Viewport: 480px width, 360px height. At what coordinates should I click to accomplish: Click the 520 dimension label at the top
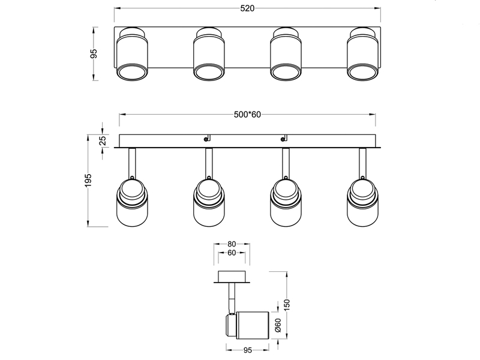(247, 8)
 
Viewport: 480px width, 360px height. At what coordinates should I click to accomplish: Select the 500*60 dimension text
(247, 115)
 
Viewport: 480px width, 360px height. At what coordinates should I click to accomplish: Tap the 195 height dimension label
(88, 181)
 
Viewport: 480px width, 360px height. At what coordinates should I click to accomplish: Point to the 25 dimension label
(103, 140)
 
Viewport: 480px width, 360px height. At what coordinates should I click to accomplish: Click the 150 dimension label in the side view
(287, 305)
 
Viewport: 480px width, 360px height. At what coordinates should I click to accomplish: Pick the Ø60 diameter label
(278, 325)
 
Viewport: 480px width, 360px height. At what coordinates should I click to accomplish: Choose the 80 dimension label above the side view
(232, 244)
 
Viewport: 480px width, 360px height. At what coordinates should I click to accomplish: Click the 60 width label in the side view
(232, 253)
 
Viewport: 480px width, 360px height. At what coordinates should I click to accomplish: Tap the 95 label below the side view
(248, 350)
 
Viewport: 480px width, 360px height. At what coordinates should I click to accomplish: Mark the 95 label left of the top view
(94, 53)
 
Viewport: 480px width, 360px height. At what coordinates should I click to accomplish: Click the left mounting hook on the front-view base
(206, 139)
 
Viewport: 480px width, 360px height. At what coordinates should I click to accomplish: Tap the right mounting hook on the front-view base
(283, 139)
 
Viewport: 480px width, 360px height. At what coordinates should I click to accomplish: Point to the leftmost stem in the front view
(132, 163)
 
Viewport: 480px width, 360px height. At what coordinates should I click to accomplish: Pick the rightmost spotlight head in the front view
(362, 202)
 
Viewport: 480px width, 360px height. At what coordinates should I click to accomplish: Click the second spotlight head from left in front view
(208, 202)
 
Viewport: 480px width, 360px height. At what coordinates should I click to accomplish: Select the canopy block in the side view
(232, 277)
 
